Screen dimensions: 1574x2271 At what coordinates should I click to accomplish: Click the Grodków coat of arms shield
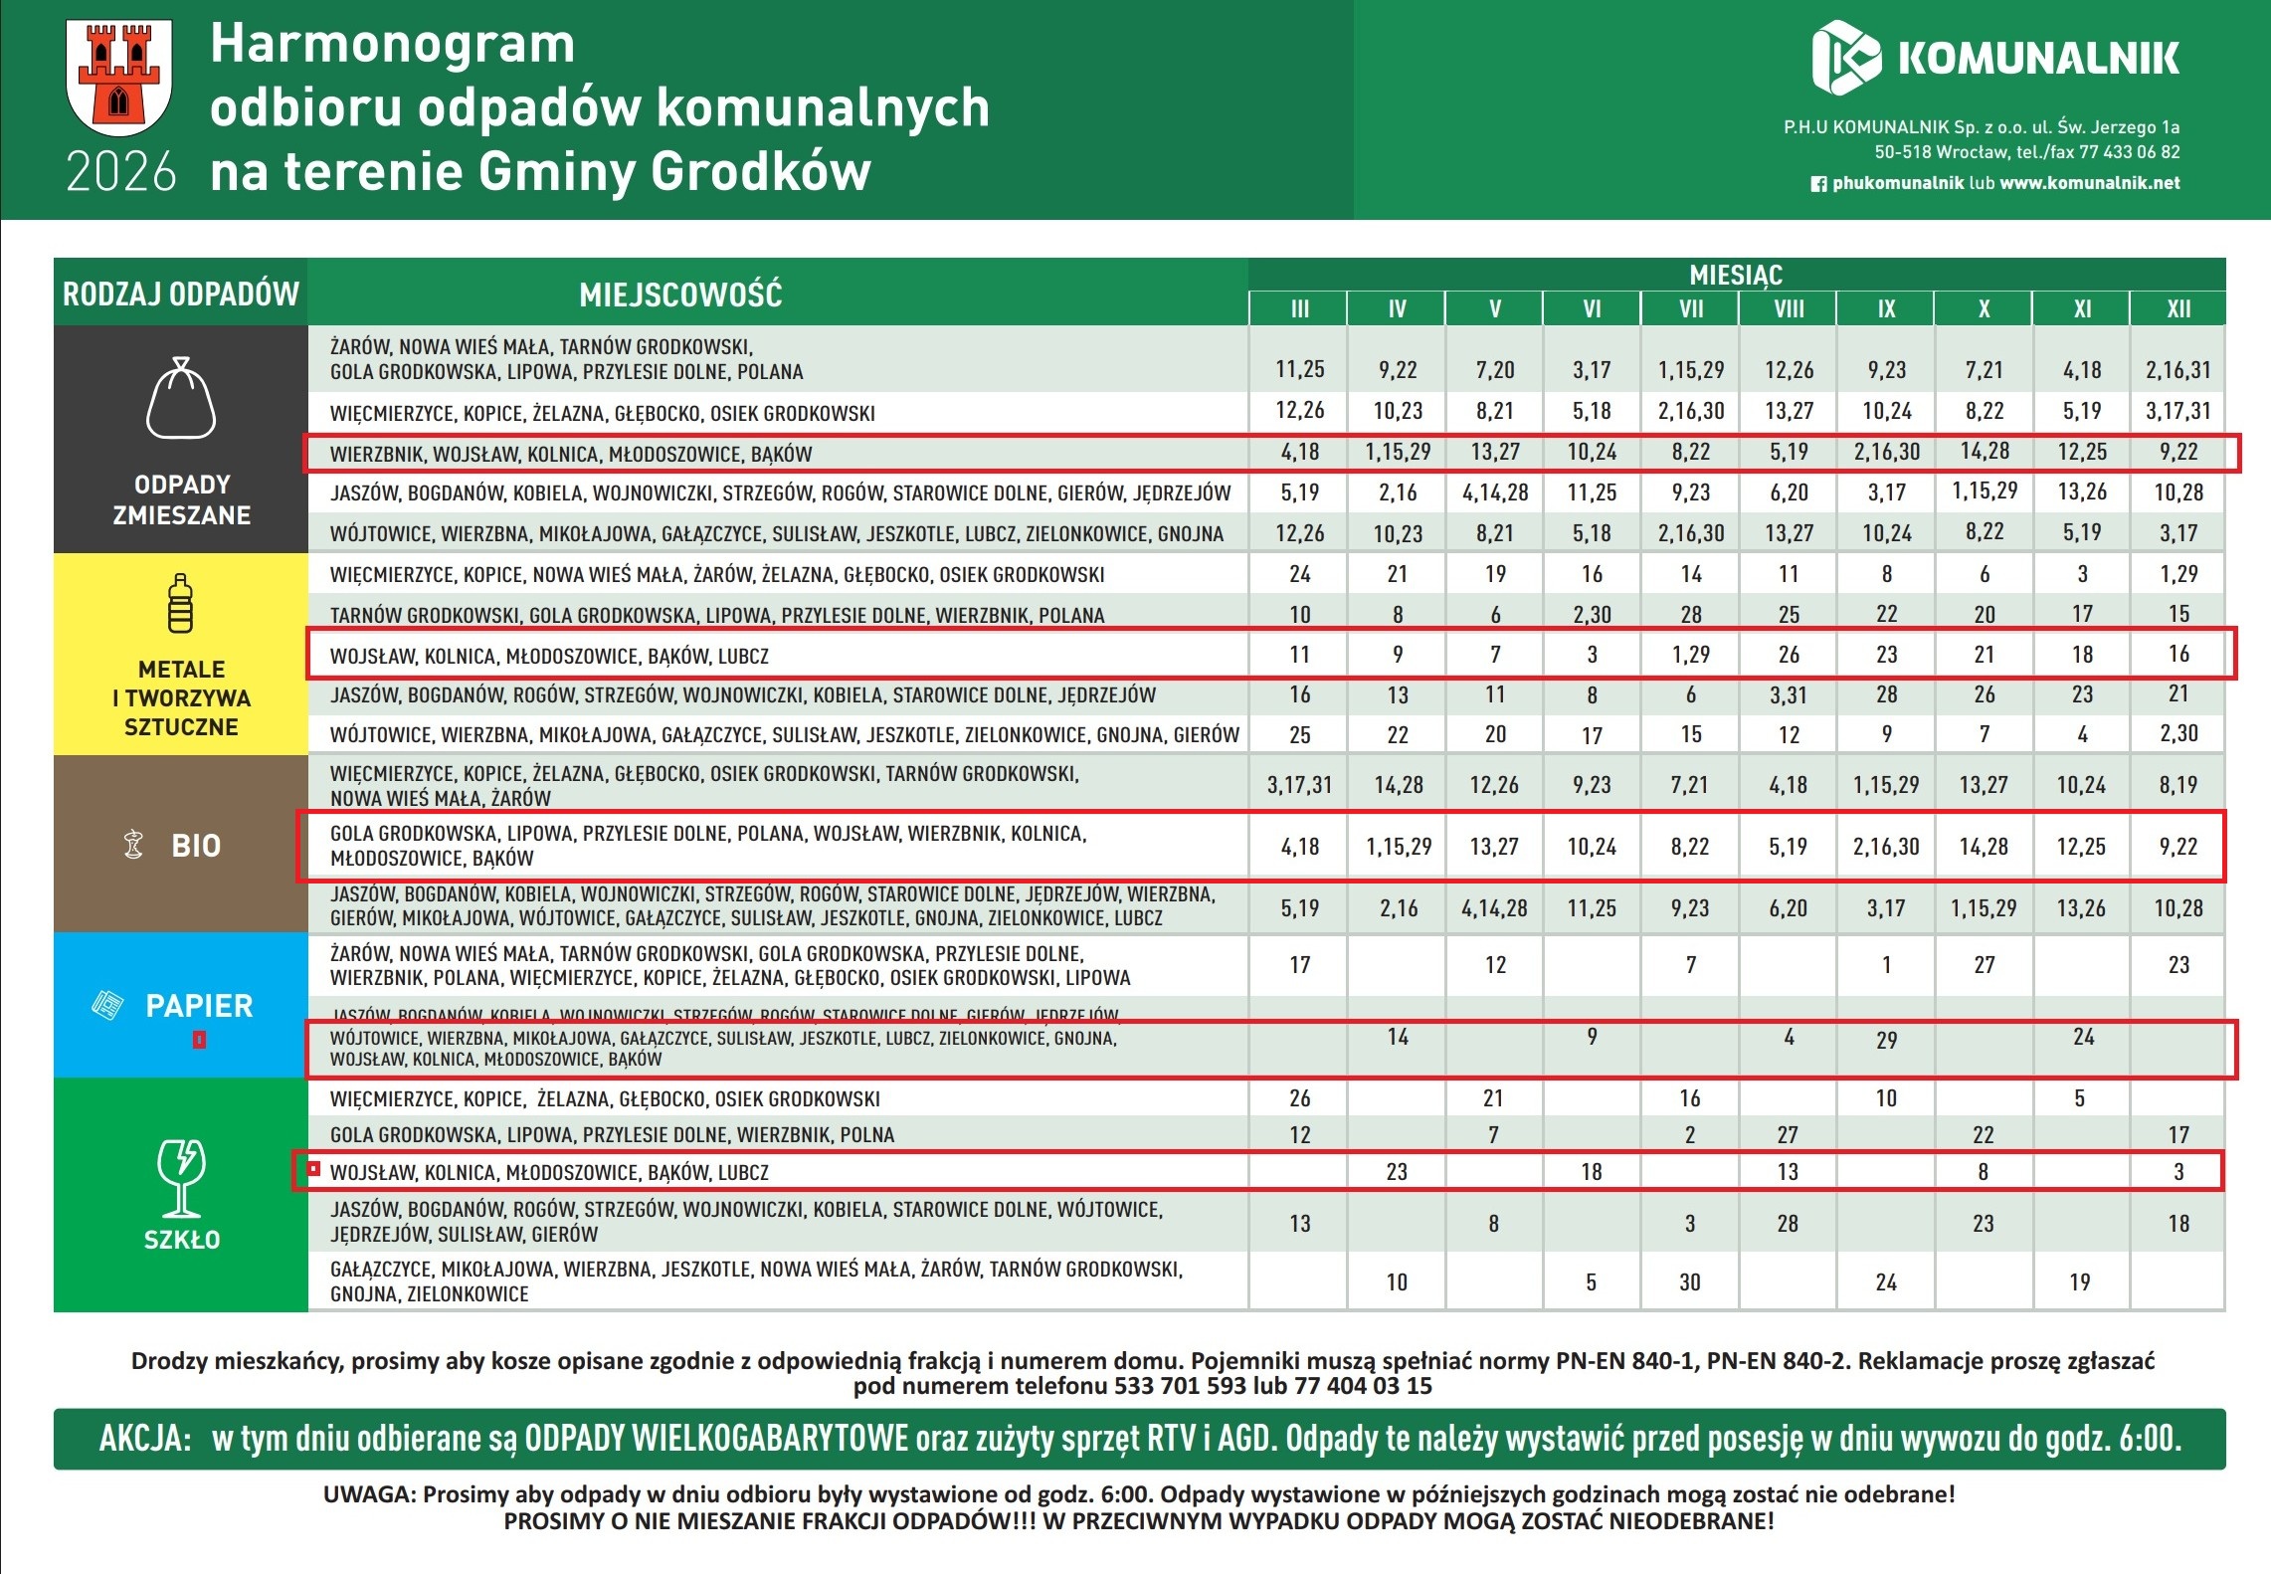(118, 77)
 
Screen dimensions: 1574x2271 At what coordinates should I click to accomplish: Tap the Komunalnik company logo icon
(1845, 58)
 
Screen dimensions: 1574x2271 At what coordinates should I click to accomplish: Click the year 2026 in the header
(120, 172)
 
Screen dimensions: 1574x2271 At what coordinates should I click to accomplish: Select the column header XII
(2177, 308)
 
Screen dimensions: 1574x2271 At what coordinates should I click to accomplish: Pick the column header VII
(1690, 308)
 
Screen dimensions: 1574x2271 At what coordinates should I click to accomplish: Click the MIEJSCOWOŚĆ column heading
(680, 295)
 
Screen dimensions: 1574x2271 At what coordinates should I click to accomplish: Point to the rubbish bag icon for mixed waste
(181, 399)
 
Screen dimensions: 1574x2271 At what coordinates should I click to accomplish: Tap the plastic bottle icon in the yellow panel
(180, 604)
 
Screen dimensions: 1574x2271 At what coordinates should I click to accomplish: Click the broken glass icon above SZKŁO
(181, 1178)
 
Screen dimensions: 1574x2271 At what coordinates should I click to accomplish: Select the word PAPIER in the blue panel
(199, 1006)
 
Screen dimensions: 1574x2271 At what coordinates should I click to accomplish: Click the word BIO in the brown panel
(196, 846)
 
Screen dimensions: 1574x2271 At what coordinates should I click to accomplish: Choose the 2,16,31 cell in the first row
(2177, 370)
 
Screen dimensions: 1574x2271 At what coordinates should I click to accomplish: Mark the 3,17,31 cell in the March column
(1299, 785)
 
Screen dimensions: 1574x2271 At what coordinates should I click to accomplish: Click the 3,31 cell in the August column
(1788, 694)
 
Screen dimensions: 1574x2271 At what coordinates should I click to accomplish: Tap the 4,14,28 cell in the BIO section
(1494, 908)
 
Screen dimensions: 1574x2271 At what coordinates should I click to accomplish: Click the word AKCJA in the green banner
(144, 1439)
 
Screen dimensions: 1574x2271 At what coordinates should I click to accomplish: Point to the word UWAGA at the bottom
(368, 1494)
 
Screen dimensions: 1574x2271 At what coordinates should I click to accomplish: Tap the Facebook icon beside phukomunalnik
(1818, 184)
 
